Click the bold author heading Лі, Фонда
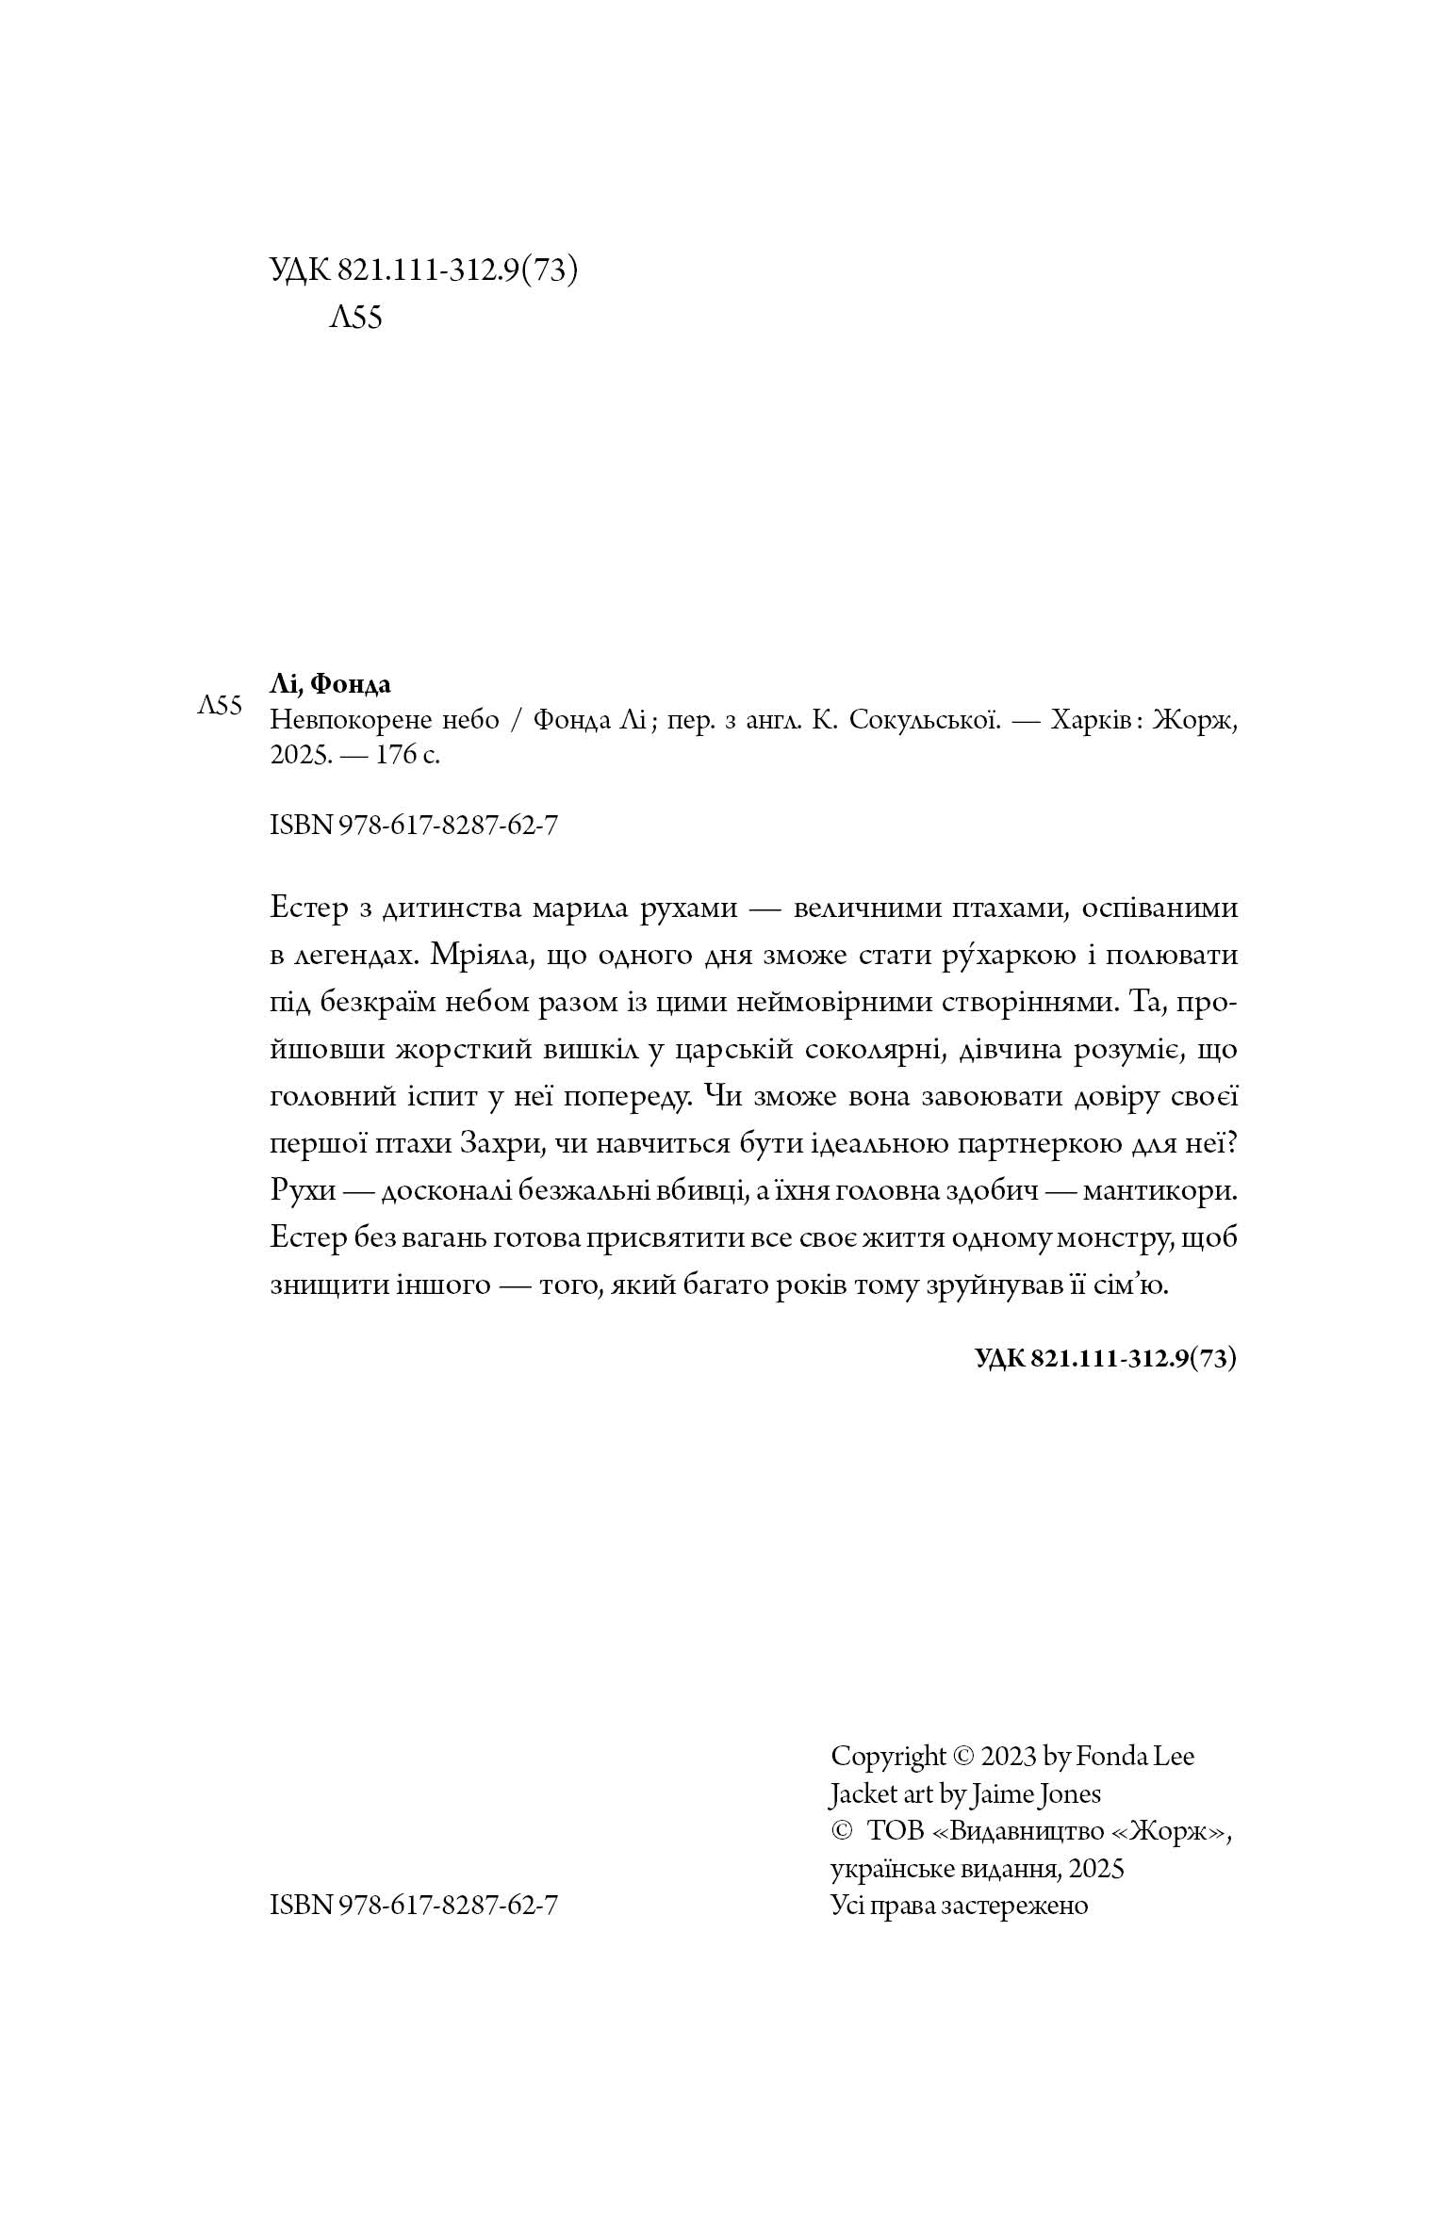tap(330, 683)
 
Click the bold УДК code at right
tap(1104, 1357)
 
